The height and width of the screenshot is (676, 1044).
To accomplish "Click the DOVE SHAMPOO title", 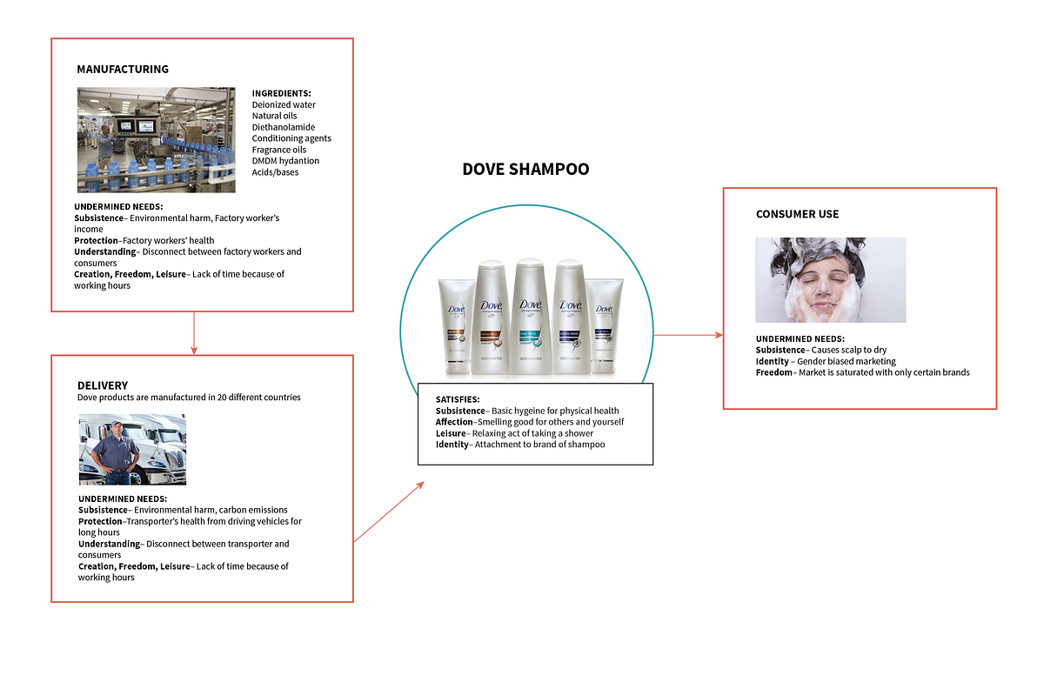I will click(525, 170).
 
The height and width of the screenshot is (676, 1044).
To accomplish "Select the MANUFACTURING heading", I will click(123, 69).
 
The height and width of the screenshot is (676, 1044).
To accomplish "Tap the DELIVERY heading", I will click(103, 385).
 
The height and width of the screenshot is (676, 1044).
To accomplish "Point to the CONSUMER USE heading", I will click(797, 214).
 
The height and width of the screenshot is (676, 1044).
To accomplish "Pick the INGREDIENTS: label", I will click(281, 93).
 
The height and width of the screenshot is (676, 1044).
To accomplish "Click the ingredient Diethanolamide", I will click(284, 127).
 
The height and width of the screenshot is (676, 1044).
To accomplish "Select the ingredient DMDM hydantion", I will click(285, 161).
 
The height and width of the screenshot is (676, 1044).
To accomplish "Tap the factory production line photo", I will click(156, 139).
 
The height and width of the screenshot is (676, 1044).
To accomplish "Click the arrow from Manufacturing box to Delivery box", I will click(194, 333).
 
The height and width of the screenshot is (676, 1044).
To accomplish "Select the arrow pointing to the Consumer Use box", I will click(687, 335).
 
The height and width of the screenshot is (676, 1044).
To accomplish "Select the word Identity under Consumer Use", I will click(772, 361).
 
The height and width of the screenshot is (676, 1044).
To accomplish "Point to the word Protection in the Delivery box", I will click(100, 521).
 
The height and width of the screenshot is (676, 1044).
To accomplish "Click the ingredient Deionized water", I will click(284, 104).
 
